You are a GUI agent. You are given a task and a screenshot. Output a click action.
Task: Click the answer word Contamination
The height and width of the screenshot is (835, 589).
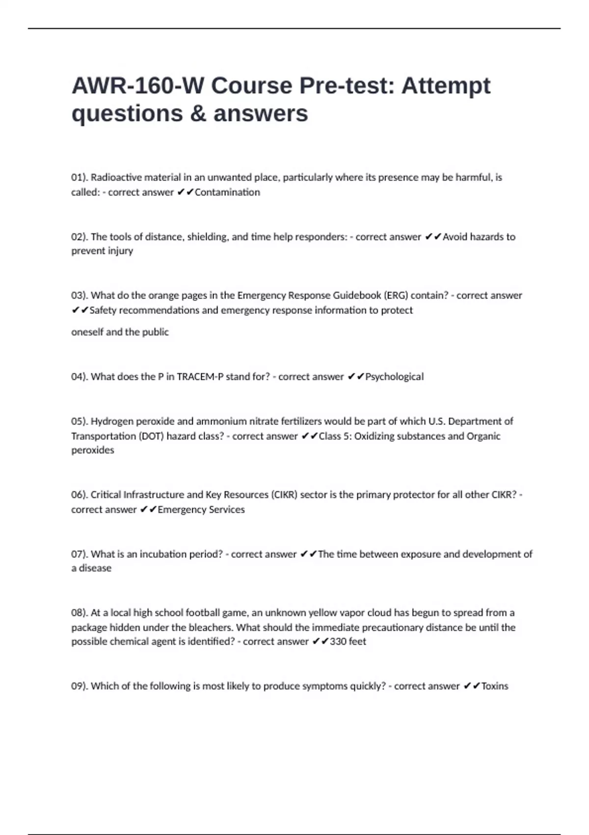[227, 192]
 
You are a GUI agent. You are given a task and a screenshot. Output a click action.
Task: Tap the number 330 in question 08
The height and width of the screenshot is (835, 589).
[338, 641]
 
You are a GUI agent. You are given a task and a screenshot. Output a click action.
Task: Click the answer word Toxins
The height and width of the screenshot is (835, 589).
[494, 686]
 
